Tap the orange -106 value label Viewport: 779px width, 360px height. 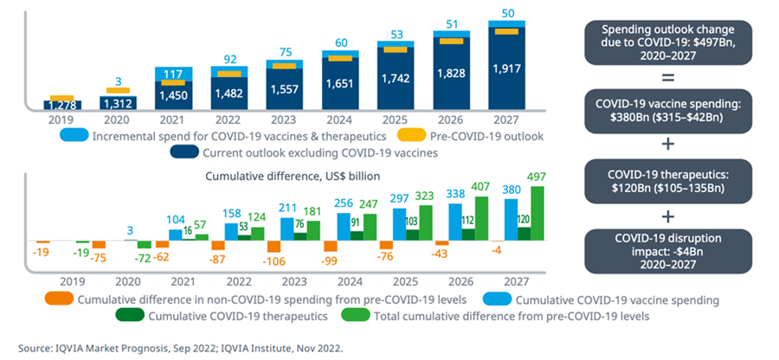(x=274, y=261)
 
